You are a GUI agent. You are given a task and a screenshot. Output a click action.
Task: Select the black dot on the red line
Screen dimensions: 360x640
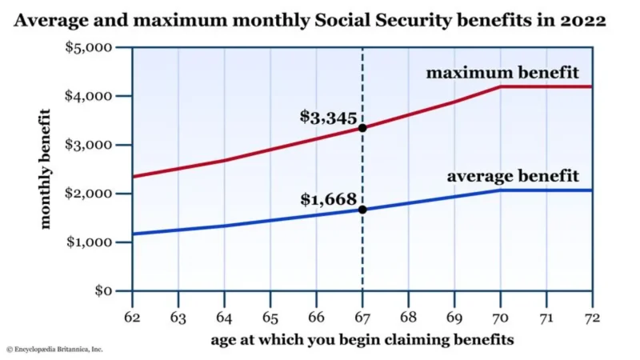[x=362, y=128]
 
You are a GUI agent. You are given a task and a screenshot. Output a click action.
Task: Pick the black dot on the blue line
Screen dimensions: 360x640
[x=362, y=210]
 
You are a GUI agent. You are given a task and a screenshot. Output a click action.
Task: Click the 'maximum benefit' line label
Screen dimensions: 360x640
[x=502, y=73]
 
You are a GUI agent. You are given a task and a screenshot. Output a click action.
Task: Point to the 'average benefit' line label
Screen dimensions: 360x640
[x=512, y=175]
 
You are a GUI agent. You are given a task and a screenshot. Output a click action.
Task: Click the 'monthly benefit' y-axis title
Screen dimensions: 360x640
[x=46, y=169]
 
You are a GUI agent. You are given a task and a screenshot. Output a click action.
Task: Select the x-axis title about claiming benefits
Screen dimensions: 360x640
[x=362, y=339]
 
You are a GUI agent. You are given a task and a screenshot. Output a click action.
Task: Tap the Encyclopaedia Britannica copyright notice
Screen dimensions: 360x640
[x=54, y=350]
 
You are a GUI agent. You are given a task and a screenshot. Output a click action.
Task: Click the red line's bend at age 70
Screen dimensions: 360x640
[x=501, y=86]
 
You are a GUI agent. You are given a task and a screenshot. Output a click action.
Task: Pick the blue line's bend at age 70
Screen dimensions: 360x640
[x=501, y=190]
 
